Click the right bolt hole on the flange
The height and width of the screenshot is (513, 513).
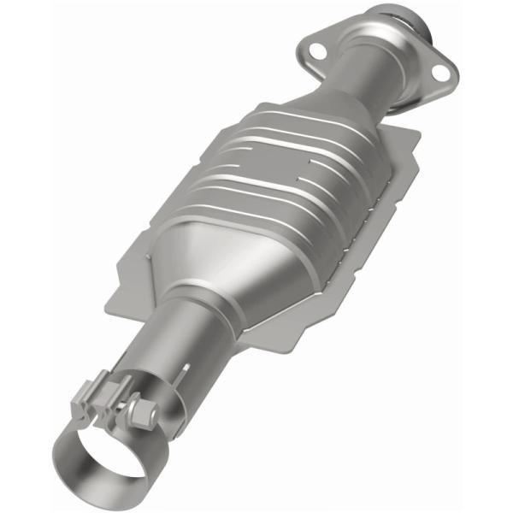point(441,72)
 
